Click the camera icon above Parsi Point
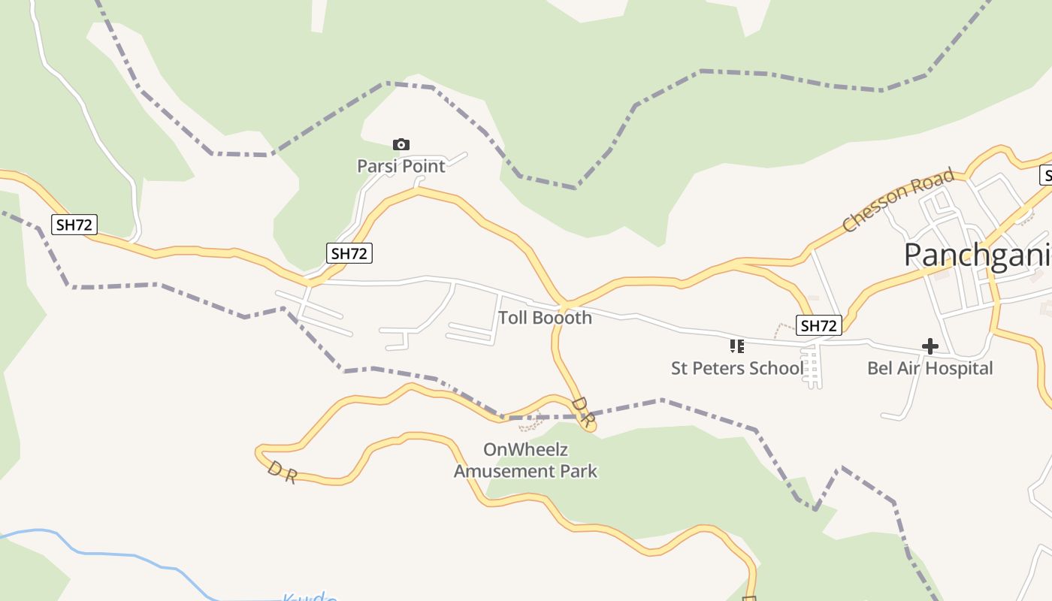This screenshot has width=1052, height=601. pos(401,144)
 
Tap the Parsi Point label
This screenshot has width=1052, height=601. pos(401,166)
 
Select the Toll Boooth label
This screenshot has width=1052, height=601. pos(545,318)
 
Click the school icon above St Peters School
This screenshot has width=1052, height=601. pos(737,346)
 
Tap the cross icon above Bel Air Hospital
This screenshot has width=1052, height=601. pos(930,346)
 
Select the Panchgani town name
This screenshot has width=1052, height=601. pos(977,255)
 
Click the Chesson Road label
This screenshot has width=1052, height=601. pos(898,200)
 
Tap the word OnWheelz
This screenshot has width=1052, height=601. pos(525,450)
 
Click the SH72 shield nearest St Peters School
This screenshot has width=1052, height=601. pos(818,325)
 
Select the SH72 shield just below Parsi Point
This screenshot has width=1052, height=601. pos(349,253)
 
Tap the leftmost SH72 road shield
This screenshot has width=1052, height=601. pos(74,224)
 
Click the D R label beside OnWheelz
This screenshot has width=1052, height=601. pos(582,412)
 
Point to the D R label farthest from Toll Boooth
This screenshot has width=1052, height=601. pos(282,473)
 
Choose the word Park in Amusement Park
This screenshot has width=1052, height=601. pos(580,471)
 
